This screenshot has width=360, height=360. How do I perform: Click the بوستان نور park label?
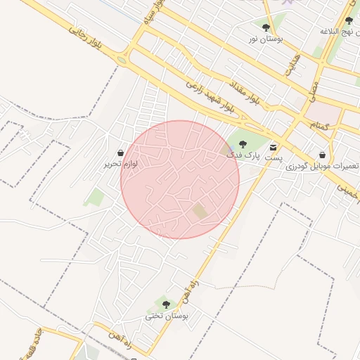[x=265, y=39]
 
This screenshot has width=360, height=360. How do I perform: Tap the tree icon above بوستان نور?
[x=265, y=28]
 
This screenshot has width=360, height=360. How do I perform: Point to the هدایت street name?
[x=293, y=65]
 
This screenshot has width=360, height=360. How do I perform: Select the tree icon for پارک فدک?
[x=243, y=144]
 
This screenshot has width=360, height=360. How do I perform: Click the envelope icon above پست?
[x=273, y=147]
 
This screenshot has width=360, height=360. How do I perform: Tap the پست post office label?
[x=273, y=158]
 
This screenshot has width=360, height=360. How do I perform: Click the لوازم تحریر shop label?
[x=120, y=163]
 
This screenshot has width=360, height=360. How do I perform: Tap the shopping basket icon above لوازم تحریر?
[x=120, y=153]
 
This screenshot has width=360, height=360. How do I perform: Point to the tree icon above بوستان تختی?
[x=166, y=304]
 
